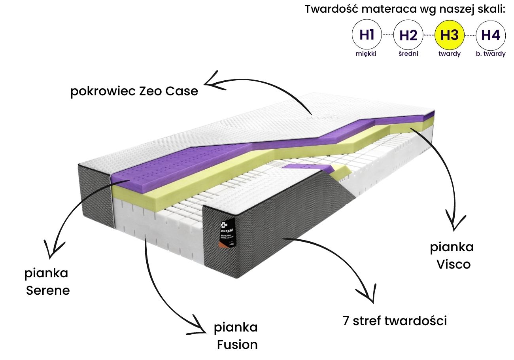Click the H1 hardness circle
click(367, 35)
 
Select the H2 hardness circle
click(408, 35)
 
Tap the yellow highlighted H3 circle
click(450, 35)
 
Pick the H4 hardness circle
click(491, 35)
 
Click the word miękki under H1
click(366, 54)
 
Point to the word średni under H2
click(408, 54)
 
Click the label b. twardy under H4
click(491, 54)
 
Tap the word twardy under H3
click(450, 54)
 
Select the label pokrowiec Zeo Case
click(134, 91)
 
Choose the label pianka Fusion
click(236, 336)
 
